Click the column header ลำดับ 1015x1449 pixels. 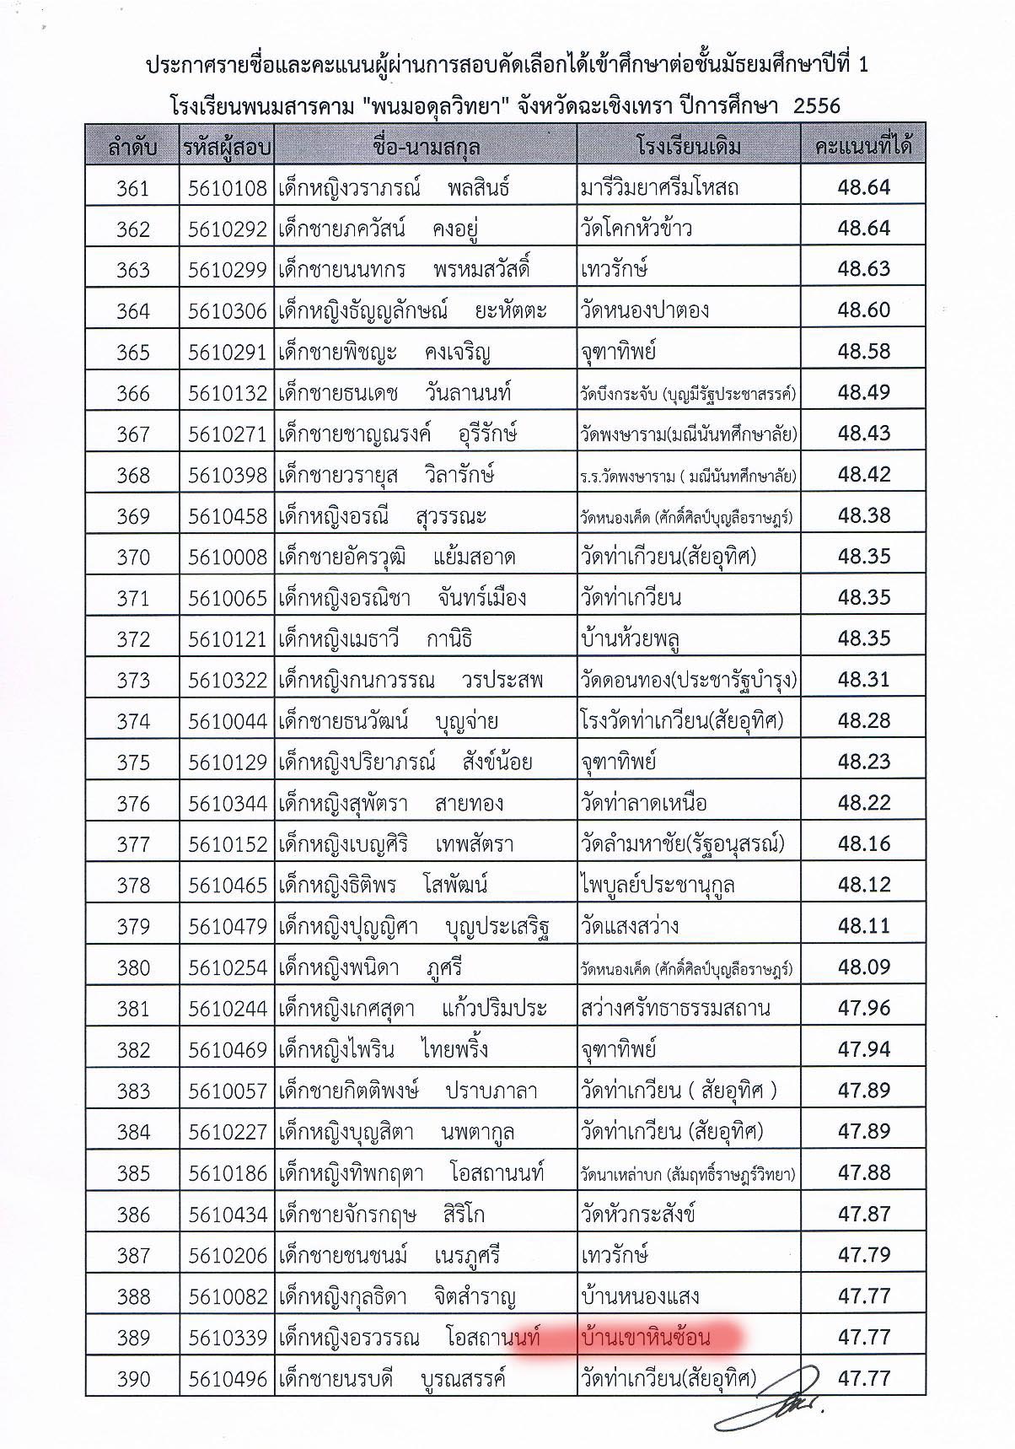132,146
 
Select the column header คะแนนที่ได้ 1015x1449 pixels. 863,146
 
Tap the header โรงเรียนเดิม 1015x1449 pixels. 689,146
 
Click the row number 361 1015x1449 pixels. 132,187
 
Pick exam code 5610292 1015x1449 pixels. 227,229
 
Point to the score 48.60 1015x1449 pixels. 863,310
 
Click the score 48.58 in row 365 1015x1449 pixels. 863,352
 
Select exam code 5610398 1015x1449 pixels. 227,475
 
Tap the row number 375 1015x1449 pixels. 132,762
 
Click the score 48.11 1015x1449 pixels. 863,927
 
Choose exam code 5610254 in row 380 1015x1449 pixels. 227,968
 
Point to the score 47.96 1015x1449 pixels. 863,1009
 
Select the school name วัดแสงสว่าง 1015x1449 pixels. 631,927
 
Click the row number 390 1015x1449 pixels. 132,1379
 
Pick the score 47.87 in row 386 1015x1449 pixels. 863,1215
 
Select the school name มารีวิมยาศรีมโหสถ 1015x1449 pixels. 660,187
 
